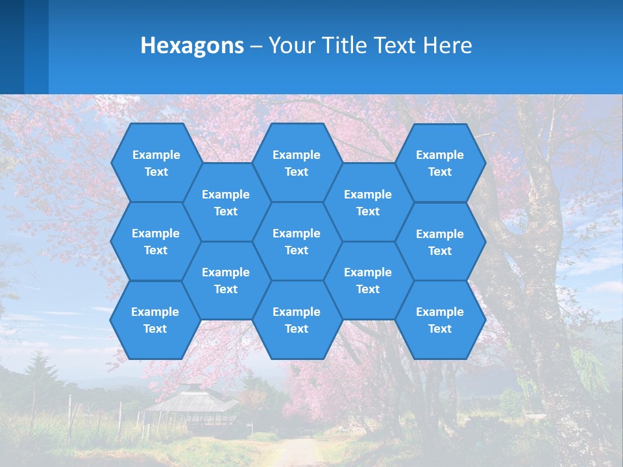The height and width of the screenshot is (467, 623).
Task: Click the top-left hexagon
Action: coord(156,163)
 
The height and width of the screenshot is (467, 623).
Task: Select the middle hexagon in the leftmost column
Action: coord(156,241)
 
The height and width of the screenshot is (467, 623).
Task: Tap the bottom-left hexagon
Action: coord(155,320)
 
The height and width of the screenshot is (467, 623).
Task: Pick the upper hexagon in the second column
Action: coord(226,202)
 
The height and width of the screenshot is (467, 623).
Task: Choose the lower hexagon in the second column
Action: coord(226,280)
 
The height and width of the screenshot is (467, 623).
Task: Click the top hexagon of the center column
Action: coord(297,163)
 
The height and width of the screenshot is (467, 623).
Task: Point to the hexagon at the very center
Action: coord(297,241)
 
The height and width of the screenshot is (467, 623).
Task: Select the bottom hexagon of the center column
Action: coord(297,320)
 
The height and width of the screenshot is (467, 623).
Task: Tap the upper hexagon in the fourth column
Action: coord(368,202)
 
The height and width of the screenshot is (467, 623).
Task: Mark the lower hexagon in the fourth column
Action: coord(368,280)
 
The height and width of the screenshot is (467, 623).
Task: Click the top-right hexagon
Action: coord(440,163)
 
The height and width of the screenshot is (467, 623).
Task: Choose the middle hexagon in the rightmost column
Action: coord(440,242)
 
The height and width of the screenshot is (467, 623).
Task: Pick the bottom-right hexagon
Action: coord(440,320)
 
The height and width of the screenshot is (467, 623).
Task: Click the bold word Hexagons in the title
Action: coord(192,45)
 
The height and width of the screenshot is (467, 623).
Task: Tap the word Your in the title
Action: coord(290,45)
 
